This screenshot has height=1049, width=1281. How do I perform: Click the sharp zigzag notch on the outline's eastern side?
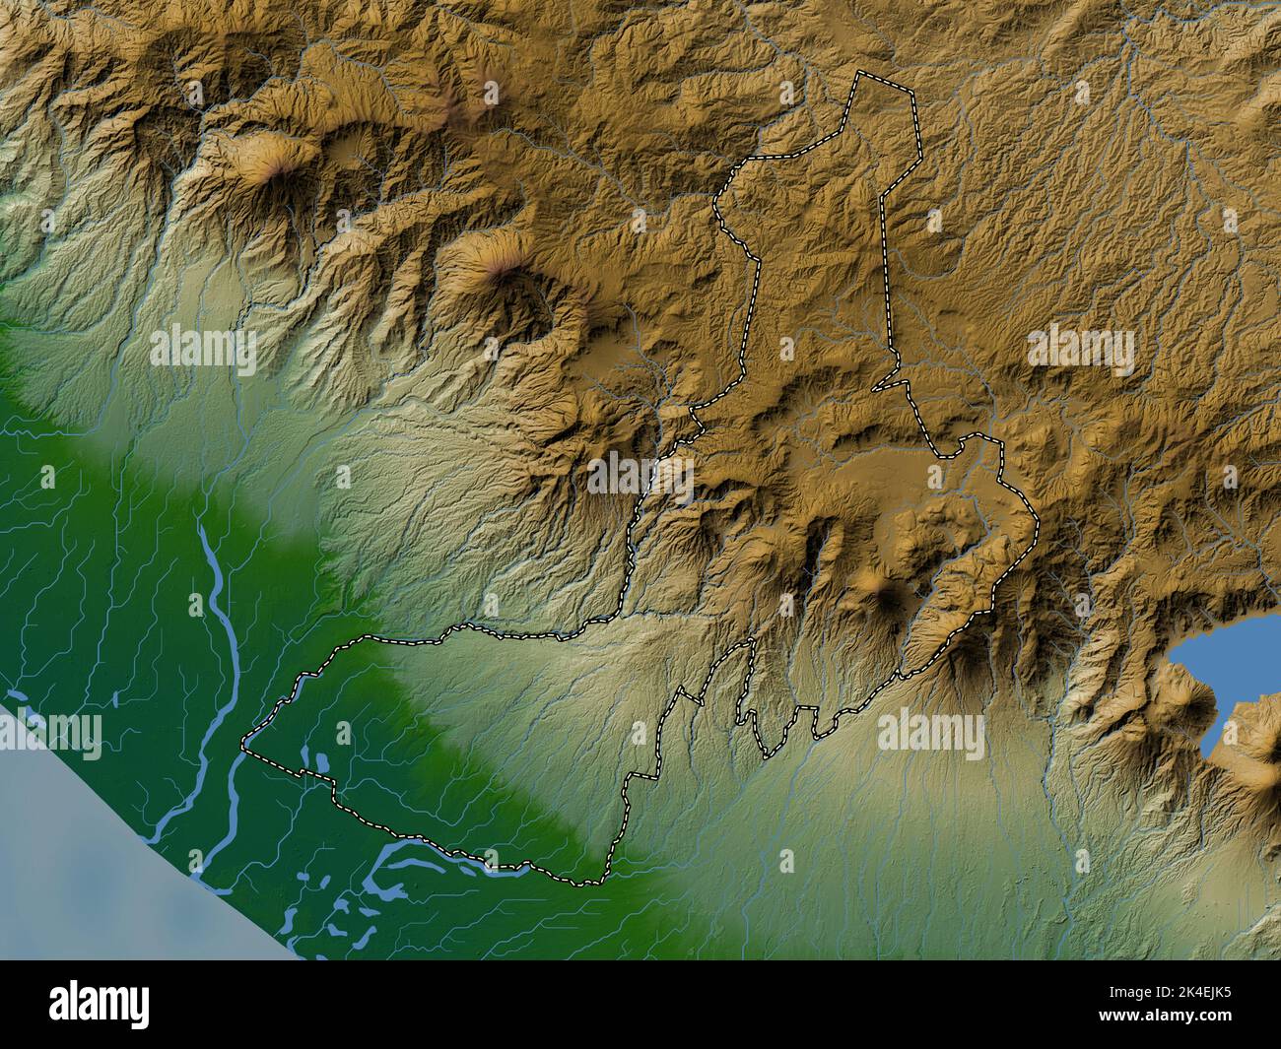tap(897, 379)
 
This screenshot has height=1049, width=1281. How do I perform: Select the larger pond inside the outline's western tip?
tap(320, 760)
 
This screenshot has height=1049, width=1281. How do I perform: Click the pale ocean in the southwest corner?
tap(79, 867)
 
